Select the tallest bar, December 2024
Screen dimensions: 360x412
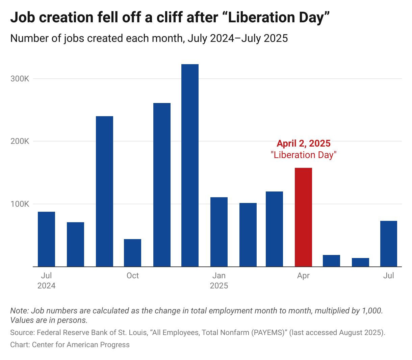(190, 165)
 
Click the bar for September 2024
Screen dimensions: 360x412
(104, 191)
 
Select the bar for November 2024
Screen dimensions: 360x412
(162, 185)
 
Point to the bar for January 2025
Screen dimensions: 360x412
(219, 232)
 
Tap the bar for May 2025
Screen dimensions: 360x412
(331, 261)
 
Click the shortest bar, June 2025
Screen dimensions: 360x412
(360, 262)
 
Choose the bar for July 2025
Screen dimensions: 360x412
(388, 243)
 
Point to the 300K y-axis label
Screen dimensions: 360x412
(20, 79)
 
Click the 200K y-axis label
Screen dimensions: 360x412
(20, 142)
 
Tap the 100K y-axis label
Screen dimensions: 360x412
(20, 204)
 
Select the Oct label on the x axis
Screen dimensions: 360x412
(132, 276)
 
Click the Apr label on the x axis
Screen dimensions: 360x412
(303, 276)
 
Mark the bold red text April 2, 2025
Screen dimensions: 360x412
(304, 144)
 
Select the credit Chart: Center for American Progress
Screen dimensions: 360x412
(70, 345)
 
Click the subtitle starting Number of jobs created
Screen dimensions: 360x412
(149, 38)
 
